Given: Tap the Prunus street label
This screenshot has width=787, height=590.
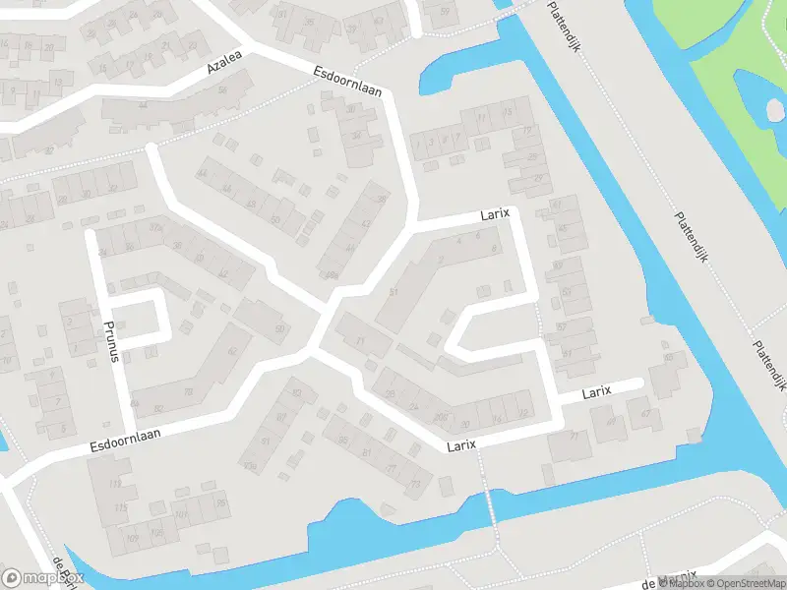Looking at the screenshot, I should tap(112, 340).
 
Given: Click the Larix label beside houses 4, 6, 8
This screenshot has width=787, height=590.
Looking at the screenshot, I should tap(495, 213).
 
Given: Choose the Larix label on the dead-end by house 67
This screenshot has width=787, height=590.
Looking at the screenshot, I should tap(596, 391).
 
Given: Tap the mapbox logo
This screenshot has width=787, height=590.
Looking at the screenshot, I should tap(43, 577).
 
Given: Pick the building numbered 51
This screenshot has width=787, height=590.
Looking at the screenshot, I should tap(394, 292).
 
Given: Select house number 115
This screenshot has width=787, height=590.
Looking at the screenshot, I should tap(120, 506).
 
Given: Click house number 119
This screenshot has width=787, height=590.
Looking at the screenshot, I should tap(116, 484).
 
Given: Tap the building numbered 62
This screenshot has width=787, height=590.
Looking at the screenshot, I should tap(233, 351).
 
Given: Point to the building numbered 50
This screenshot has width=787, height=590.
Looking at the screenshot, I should tap(279, 328).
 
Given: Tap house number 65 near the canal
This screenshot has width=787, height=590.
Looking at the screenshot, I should tap(669, 358).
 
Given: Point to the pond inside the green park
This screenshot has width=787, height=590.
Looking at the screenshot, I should tap(762, 98).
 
